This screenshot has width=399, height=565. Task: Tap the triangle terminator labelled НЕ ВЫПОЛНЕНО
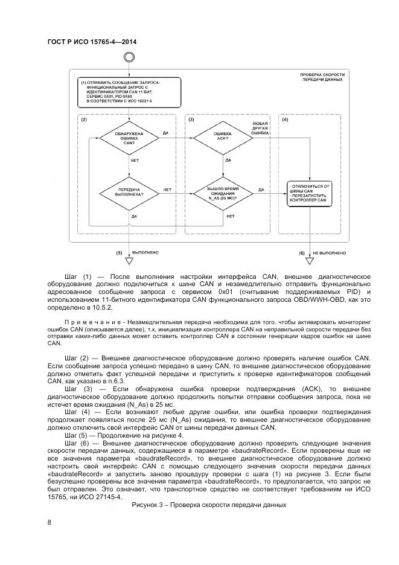coord(310,261)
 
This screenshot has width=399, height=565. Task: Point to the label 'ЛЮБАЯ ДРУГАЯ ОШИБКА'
coord(260,127)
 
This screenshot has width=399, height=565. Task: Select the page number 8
coord(49,522)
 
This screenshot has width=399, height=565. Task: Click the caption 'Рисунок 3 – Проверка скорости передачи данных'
coord(208,504)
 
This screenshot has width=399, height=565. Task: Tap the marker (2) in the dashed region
coord(85,120)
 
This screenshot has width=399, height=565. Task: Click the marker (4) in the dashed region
coord(284,120)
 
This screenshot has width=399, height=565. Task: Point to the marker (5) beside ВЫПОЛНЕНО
coord(119,252)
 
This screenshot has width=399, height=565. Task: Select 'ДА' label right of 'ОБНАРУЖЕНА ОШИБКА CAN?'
coord(165,132)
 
